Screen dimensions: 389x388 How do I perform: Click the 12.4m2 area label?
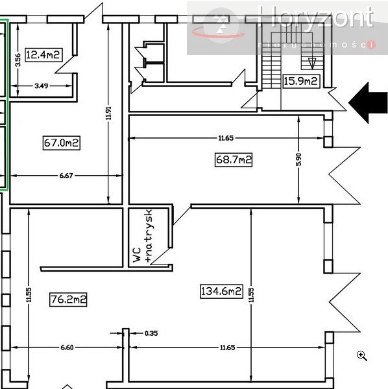pos(43,54)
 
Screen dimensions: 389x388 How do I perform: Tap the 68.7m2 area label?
pos(233,159)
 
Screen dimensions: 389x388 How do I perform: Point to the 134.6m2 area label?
pos(221,292)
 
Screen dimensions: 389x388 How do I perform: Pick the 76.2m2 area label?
pos(68,299)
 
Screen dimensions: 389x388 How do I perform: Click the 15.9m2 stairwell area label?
pos(301,81)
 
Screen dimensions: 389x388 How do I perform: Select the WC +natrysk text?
pos(142,236)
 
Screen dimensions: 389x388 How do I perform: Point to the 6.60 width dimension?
pos(67,348)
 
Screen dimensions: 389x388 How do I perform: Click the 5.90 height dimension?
pos(299,159)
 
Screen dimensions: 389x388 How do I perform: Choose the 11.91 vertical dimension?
pos(108,115)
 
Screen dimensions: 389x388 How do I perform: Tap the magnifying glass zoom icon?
pos(362,355)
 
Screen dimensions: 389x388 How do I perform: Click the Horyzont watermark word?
pos(315,18)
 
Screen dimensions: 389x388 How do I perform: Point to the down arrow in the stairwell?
pos(311,63)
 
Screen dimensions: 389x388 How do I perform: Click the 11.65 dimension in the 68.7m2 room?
pos(226,137)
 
